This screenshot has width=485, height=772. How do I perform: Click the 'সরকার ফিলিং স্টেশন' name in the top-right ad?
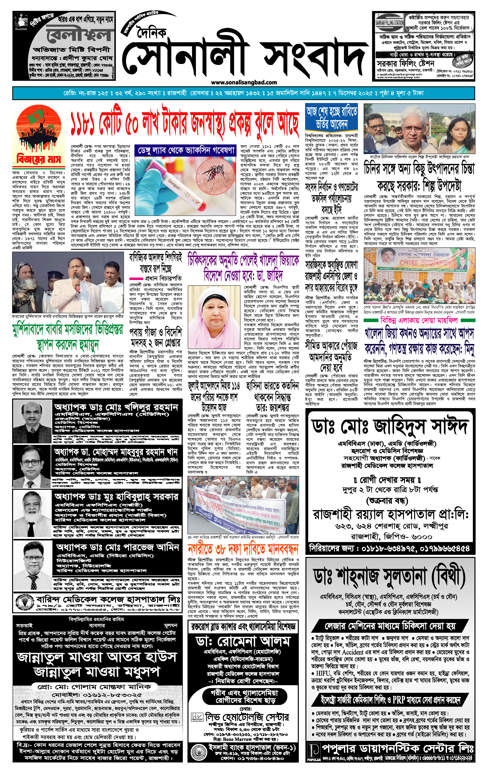(x=405, y=63)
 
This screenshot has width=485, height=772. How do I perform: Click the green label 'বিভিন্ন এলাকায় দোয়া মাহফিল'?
(x=419, y=320)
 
